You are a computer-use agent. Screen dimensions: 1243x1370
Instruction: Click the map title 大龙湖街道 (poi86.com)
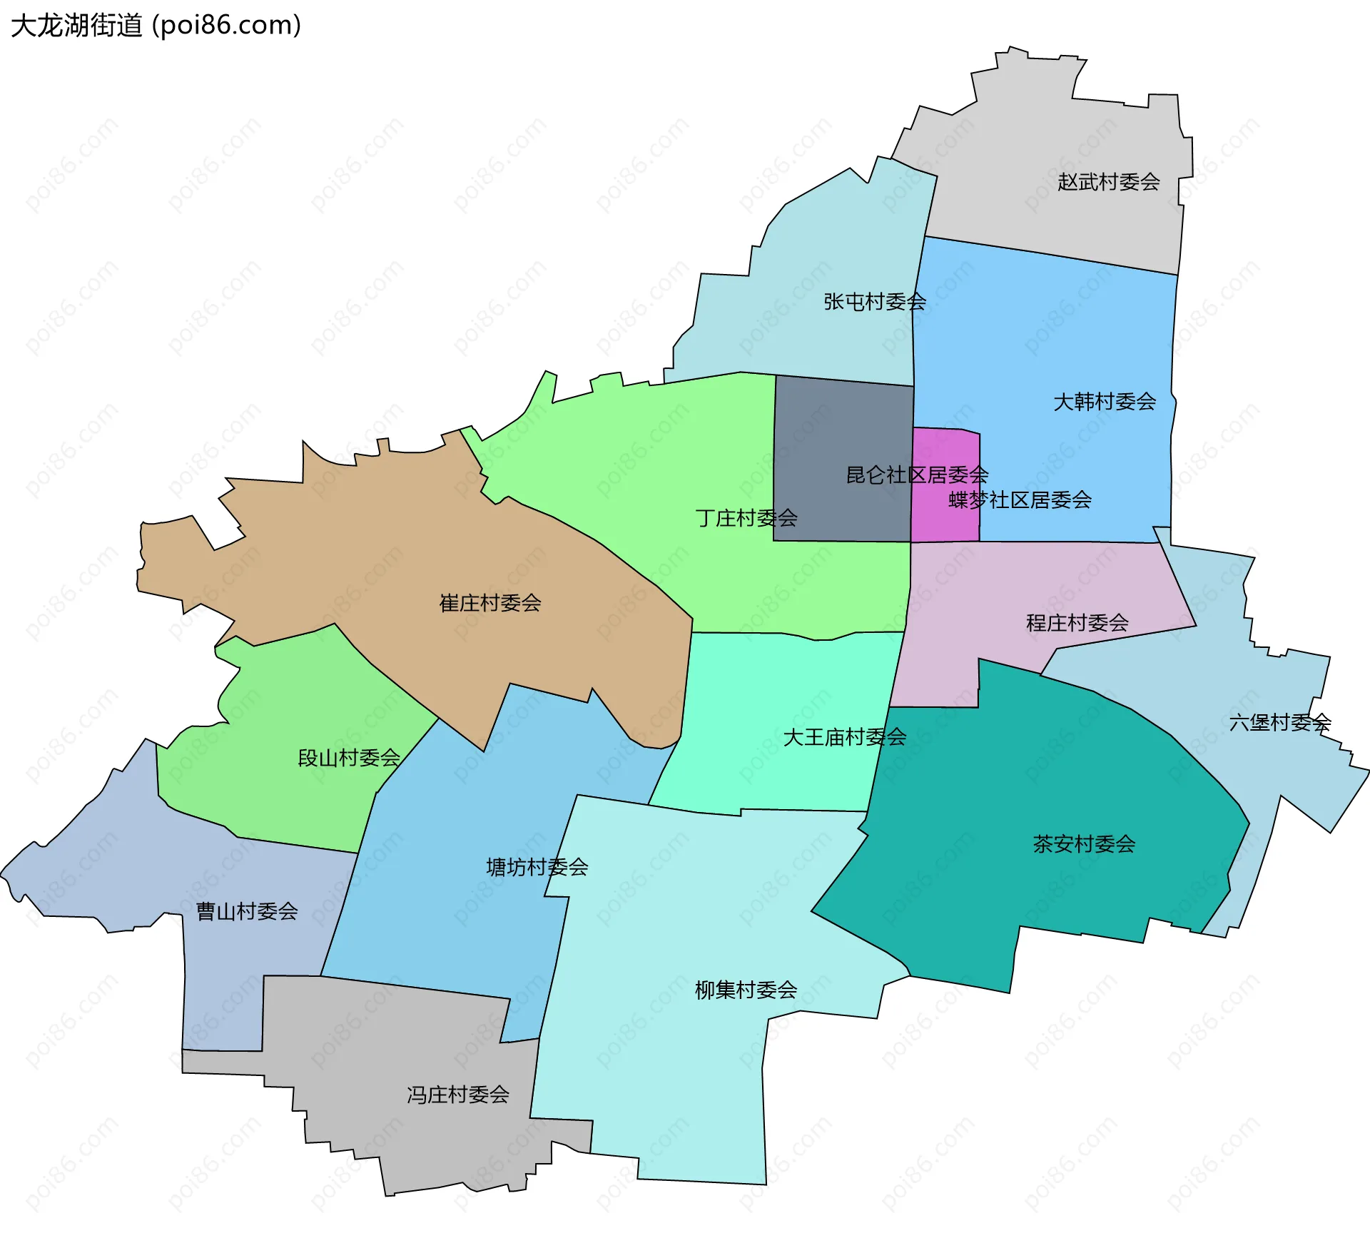click(156, 26)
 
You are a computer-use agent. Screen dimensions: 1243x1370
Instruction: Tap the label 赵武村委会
click(1108, 182)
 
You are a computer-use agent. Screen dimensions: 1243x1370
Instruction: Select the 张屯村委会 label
click(875, 302)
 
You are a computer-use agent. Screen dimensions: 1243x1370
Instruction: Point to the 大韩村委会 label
click(1105, 402)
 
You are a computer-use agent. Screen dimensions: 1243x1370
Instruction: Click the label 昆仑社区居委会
click(917, 475)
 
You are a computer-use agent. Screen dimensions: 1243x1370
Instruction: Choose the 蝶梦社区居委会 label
click(1020, 499)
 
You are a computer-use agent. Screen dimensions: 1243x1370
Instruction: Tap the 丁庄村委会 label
click(746, 517)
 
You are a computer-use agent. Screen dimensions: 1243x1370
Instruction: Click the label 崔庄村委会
click(490, 603)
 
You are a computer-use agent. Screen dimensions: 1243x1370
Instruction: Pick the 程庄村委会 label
click(1077, 623)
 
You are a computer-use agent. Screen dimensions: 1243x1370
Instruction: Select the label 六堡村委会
click(1280, 723)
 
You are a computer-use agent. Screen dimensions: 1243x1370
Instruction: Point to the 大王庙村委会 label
click(844, 737)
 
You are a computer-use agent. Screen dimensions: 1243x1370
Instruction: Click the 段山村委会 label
click(349, 758)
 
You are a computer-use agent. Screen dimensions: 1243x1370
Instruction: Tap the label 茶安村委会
click(1084, 844)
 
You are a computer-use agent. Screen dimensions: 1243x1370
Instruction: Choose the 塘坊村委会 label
click(537, 867)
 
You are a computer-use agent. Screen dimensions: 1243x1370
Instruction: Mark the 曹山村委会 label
click(247, 911)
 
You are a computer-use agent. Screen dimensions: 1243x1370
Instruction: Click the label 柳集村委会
click(746, 990)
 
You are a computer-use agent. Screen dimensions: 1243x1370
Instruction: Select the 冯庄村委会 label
click(458, 1095)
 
